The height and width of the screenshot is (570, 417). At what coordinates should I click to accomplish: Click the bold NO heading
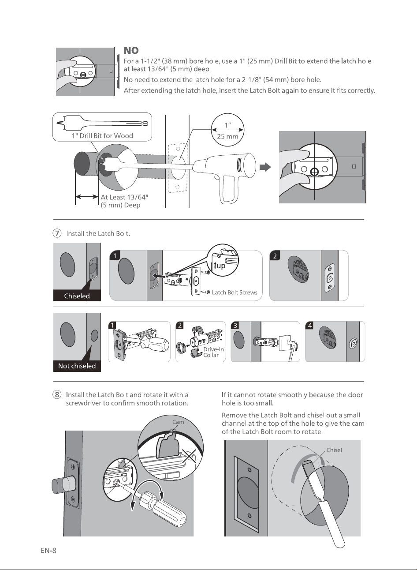click(131, 51)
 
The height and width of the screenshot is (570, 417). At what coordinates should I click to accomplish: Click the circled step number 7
click(57, 233)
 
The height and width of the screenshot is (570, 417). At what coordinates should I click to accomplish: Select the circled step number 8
click(57, 394)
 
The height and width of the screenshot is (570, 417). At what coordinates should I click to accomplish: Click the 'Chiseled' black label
click(77, 296)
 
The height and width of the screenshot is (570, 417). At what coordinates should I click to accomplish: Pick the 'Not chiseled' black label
click(77, 366)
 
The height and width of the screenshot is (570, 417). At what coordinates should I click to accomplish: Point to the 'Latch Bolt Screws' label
click(235, 292)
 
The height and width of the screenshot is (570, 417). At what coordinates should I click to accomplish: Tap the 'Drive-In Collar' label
click(213, 352)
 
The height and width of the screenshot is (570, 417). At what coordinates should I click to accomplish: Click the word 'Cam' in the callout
click(178, 422)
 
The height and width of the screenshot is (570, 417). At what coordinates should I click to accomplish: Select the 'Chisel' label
click(334, 450)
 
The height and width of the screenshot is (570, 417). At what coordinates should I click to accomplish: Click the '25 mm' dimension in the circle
click(227, 136)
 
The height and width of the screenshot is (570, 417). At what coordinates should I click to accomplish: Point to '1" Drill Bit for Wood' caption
click(102, 135)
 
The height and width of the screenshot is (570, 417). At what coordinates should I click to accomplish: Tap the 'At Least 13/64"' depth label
click(124, 197)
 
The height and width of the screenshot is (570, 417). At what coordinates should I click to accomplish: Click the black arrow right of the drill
click(265, 167)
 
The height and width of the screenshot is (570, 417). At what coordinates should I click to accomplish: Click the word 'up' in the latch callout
click(221, 266)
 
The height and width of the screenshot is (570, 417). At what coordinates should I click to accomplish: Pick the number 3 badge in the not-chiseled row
click(235, 326)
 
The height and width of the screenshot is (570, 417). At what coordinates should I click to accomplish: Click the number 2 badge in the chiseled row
click(275, 256)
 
